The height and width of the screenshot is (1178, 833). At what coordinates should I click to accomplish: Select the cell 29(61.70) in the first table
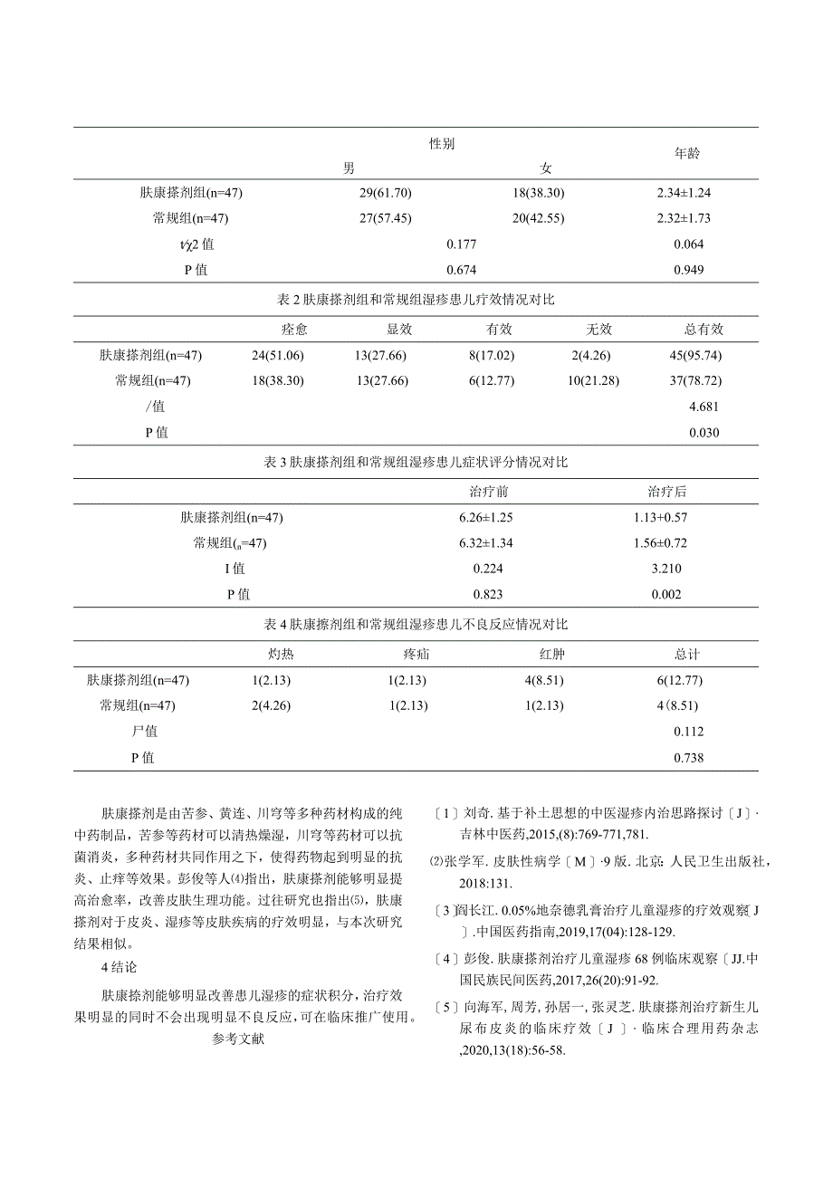(386, 193)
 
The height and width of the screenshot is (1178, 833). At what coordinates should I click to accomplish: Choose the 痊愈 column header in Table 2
(294, 330)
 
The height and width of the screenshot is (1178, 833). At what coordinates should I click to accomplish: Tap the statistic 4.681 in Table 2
(704, 407)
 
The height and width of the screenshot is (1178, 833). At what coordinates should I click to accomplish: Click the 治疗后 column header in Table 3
(666, 492)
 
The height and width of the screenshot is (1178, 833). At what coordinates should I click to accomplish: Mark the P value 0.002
(666, 595)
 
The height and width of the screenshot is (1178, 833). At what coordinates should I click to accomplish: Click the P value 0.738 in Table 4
(688, 758)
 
